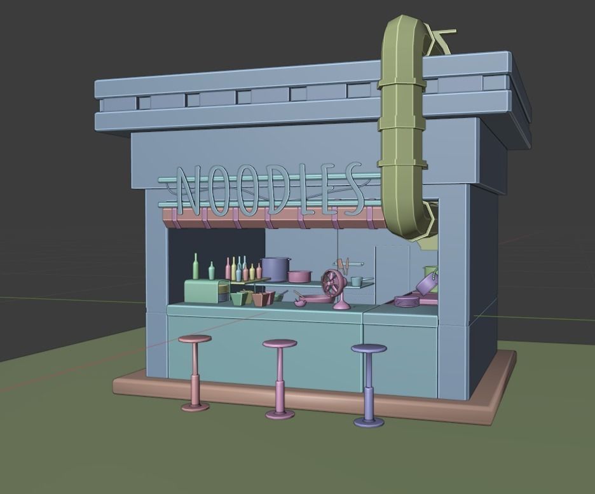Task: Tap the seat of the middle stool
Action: click(280, 344)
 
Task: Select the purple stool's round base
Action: click(369, 422)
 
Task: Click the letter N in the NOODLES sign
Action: click(188, 190)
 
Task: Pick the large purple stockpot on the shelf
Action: click(275, 269)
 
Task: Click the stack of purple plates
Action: click(406, 301)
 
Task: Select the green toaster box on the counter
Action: click(206, 291)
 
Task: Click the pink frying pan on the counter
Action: click(314, 298)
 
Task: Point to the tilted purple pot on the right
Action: click(426, 283)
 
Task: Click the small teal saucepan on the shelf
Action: click(357, 281)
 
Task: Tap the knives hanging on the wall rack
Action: click(344, 264)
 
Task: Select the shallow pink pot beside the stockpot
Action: click(299, 277)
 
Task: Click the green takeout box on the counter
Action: click(240, 298)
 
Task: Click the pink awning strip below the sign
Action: click(273, 220)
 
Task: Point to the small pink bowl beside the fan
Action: click(299, 303)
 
